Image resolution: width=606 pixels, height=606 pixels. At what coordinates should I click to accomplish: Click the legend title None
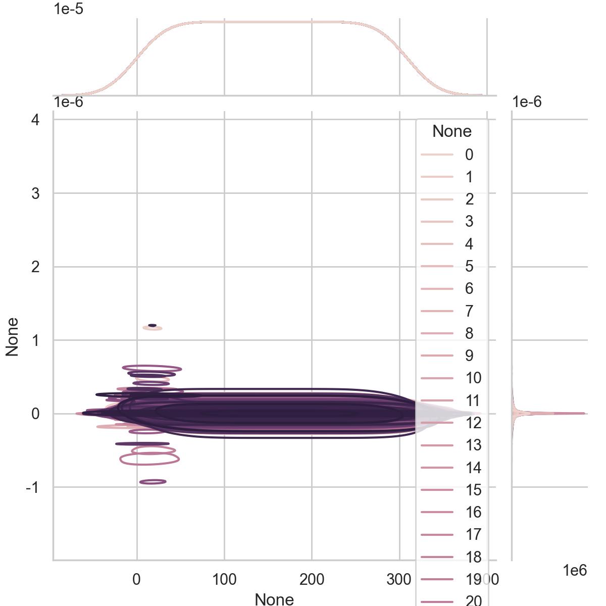click(x=452, y=131)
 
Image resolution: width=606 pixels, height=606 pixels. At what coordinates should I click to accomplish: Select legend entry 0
click(x=469, y=155)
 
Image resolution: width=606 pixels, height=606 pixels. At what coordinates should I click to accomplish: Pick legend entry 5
click(x=469, y=266)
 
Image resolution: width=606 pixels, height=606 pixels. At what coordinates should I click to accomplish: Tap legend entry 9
click(x=469, y=356)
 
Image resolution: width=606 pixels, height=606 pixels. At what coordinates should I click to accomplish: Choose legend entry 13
click(x=473, y=445)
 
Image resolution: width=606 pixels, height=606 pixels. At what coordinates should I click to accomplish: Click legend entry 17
click(x=473, y=534)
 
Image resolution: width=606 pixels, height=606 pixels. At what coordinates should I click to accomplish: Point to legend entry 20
click(x=473, y=600)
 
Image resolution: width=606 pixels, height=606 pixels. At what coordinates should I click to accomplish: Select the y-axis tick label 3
click(x=35, y=193)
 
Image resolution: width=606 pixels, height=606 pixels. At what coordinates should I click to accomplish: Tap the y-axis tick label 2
click(x=35, y=267)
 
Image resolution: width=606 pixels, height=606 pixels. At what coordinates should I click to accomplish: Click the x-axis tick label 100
click(x=224, y=580)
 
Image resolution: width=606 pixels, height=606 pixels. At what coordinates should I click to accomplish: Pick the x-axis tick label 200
click(x=312, y=580)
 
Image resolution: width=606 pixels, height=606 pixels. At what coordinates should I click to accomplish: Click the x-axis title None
click(x=274, y=599)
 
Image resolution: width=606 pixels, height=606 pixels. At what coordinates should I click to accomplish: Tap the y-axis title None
click(x=12, y=337)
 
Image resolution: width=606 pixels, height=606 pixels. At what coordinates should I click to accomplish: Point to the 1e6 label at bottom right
click(x=575, y=571)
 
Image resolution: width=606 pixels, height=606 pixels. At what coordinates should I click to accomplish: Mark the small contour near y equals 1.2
click(x=152, y=326)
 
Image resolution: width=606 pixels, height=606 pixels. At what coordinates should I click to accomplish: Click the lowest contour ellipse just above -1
click(x=153, y=482)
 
